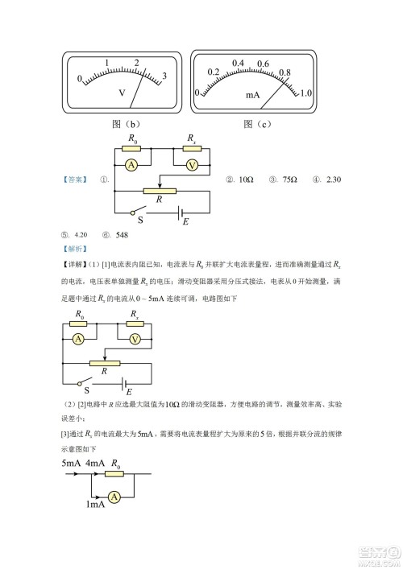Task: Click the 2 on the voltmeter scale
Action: (x=137, y=63)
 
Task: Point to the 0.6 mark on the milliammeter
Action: (x=263, y=63)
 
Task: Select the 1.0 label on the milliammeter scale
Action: (x=305, y=93)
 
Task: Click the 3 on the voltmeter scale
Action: (x=164, y=76)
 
